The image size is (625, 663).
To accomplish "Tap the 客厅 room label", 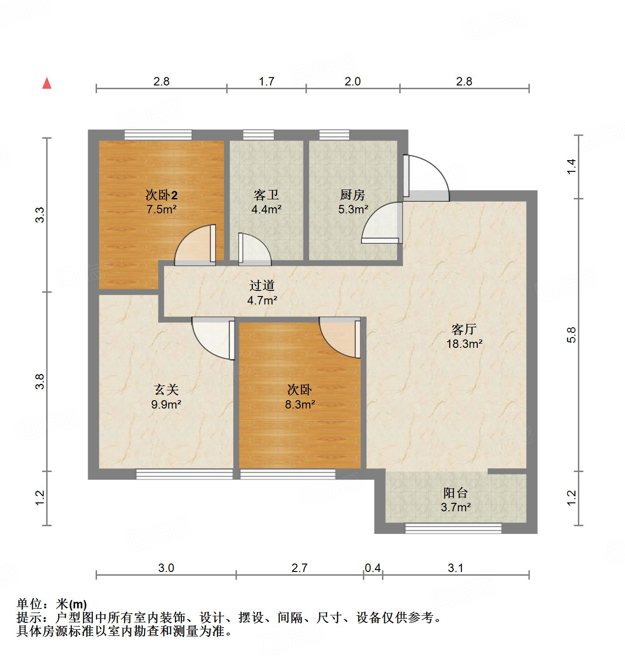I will point(464,329).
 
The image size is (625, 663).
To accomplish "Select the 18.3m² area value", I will point(464,344).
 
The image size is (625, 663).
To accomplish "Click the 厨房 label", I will point(353,195).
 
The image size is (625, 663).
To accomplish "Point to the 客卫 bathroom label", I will point(266,195).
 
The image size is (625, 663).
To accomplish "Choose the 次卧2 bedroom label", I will point(161,194).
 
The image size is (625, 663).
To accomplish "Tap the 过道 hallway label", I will point(262,285).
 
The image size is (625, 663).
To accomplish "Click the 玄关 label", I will point(166,389).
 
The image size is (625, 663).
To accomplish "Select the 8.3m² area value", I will point(300,404).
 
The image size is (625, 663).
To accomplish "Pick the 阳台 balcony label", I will point(455,493).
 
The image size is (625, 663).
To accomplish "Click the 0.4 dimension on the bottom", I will point(373,568).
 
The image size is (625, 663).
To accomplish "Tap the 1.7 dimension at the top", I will point(266,81).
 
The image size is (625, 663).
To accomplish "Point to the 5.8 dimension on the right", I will point(572,335).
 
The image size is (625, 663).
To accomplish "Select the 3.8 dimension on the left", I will point(41,381).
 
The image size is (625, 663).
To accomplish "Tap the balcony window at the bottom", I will point(453,528).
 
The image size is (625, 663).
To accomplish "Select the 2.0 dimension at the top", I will point(353,81).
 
